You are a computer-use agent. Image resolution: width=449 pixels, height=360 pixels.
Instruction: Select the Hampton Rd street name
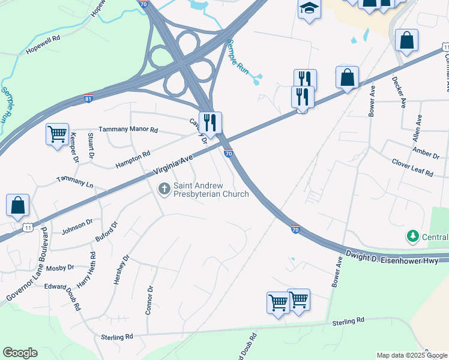[x=133, y=159]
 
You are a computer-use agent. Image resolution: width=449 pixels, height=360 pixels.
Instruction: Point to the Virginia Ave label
[x=172, y=164]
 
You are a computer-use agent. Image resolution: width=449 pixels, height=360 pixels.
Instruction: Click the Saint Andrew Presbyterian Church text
[x=211, y=190]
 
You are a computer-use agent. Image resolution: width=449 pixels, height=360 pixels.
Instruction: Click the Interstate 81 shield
[x=88, y=98]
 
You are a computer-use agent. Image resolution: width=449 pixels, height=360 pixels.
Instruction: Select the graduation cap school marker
[x=309, y=8]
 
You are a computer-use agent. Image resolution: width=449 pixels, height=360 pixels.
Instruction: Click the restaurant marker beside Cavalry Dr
[x=210, y=123]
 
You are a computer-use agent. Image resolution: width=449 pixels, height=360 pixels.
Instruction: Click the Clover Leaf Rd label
[x=412, y=168]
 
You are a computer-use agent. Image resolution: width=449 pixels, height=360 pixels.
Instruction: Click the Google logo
[x=20, y=353]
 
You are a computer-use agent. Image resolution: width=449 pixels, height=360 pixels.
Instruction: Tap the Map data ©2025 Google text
[x=411, y=355]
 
